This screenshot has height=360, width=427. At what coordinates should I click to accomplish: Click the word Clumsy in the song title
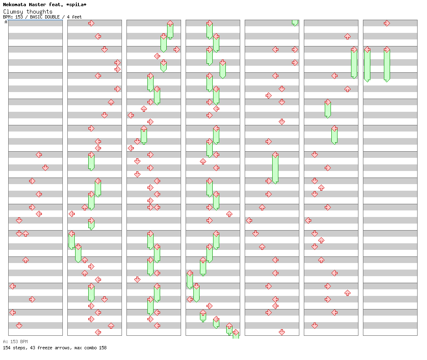pyautogui.click(x=13, y=12)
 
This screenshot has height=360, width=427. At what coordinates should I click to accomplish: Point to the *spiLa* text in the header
pyautogui.click(x=76, y=5)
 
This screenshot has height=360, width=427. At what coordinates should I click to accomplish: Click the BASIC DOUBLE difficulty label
pyautogui.click(x=45, y=17)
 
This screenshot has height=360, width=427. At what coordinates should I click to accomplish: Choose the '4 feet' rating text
pyautogui.click(x=74, y=17)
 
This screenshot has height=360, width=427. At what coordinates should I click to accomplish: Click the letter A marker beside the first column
pyautogui.click(x=6, y=22)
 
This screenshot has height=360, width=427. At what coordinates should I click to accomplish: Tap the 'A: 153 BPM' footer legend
pyautogui.click(x=15, y=342)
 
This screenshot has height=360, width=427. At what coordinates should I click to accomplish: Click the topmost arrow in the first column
pyautogui.click(x=39, y=155)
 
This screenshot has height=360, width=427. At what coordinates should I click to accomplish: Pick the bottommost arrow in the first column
pyautogui.click(x=19, y=325)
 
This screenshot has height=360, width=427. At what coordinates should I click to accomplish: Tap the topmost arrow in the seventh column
pyautogui.click(x=387, y=23)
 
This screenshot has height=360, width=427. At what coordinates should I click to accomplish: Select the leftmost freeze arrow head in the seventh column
pyautogui.click(x=367, y=50)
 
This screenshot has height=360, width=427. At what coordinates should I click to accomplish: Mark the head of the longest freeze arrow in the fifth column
pyautogui.click(x=275, y=155)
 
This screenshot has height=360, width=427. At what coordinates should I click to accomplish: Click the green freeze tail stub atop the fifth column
pyautogui.click(x=295, y=23)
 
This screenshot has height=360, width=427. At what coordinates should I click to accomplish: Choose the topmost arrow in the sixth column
pyautogui.click(x=347, y=36)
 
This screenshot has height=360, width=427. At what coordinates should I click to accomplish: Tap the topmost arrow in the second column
pyautogui.click(x=91, y=23)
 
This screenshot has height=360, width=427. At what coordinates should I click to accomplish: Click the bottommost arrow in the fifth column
pyautogui.click(x=282, y=332)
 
